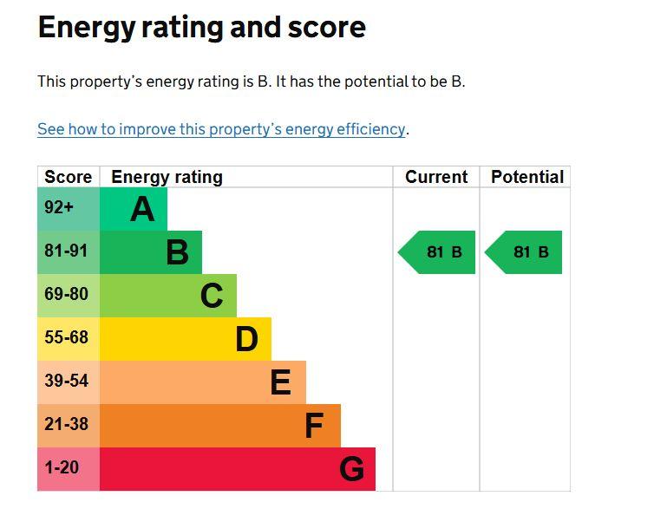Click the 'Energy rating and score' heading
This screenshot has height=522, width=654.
[x=202, y=28]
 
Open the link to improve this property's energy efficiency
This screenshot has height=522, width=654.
[x=221, y=129]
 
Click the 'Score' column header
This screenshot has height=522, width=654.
[x=69, y=177]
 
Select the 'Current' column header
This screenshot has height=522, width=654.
[x=436, y=177]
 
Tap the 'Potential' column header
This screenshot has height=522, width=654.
[x=527, y=177]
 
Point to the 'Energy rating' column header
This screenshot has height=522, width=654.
[x=167, y=177]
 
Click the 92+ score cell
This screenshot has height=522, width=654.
[x=69, y=209]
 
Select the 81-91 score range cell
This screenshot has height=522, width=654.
[x=69, y=252]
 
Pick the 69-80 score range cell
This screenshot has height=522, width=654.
[x=69, y=296]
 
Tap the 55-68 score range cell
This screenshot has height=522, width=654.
[x=69, y=339]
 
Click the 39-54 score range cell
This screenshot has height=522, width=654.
[x=69, y=382]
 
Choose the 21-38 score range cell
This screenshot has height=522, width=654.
[x=69, y=426]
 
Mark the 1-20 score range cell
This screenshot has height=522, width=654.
[x=69, y=469]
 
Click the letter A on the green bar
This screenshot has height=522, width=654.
[x=142, y=209]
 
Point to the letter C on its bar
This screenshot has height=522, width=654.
[x=212, y=296]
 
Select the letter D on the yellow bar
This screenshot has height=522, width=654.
[x=247, y=339]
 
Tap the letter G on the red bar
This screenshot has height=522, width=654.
[x=351, y=469]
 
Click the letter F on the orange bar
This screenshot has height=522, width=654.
[x=314, y=426]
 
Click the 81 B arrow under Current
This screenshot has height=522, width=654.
[x=436, y=252]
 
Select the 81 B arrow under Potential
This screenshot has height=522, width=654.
[x=523, y=252]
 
